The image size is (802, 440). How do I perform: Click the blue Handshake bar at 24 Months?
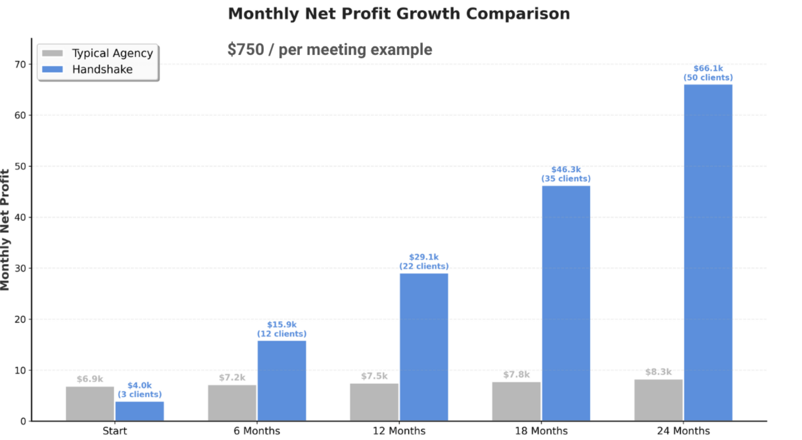(x=708, y=252)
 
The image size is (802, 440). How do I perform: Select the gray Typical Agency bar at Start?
(x=90, y=403)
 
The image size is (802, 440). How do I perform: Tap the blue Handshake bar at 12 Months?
(x=424, y=347)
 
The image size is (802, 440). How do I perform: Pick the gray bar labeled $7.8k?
(x=516, y=401)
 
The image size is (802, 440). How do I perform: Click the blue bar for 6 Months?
(x=281, y=381)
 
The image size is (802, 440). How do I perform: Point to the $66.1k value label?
(x=708, y=69)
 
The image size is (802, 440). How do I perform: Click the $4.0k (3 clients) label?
(x=140, y=390)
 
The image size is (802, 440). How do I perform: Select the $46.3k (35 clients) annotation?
(x=566, y=174)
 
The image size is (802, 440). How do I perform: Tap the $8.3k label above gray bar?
(x=658, y=372)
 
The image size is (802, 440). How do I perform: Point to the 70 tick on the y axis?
(x=20, y=65)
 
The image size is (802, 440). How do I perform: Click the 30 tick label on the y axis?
(x=20, y=269)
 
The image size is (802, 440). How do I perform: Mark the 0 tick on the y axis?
(x=23, y=421)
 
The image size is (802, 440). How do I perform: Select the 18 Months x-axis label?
(x=541, y=431)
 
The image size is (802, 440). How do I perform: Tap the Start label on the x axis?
(x=115, y=431)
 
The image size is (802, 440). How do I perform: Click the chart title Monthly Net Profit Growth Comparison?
(x=399, y=14)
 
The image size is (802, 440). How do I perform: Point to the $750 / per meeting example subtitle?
(x=330, y=50)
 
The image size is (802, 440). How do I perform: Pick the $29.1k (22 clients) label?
(x=424, y=262)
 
